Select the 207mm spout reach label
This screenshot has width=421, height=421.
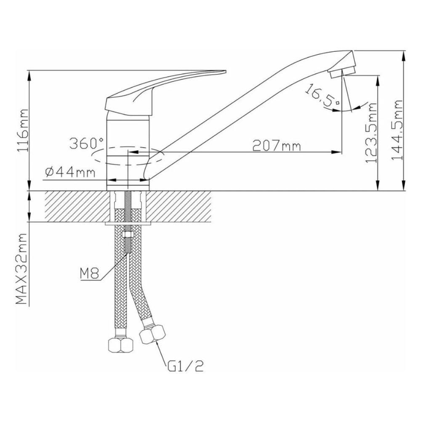(276, 146)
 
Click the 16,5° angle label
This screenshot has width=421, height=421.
(322, 96)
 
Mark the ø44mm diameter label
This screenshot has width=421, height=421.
(69, 172)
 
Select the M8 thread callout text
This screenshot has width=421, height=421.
(89, 275)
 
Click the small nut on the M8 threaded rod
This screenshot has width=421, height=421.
(128, 234)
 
